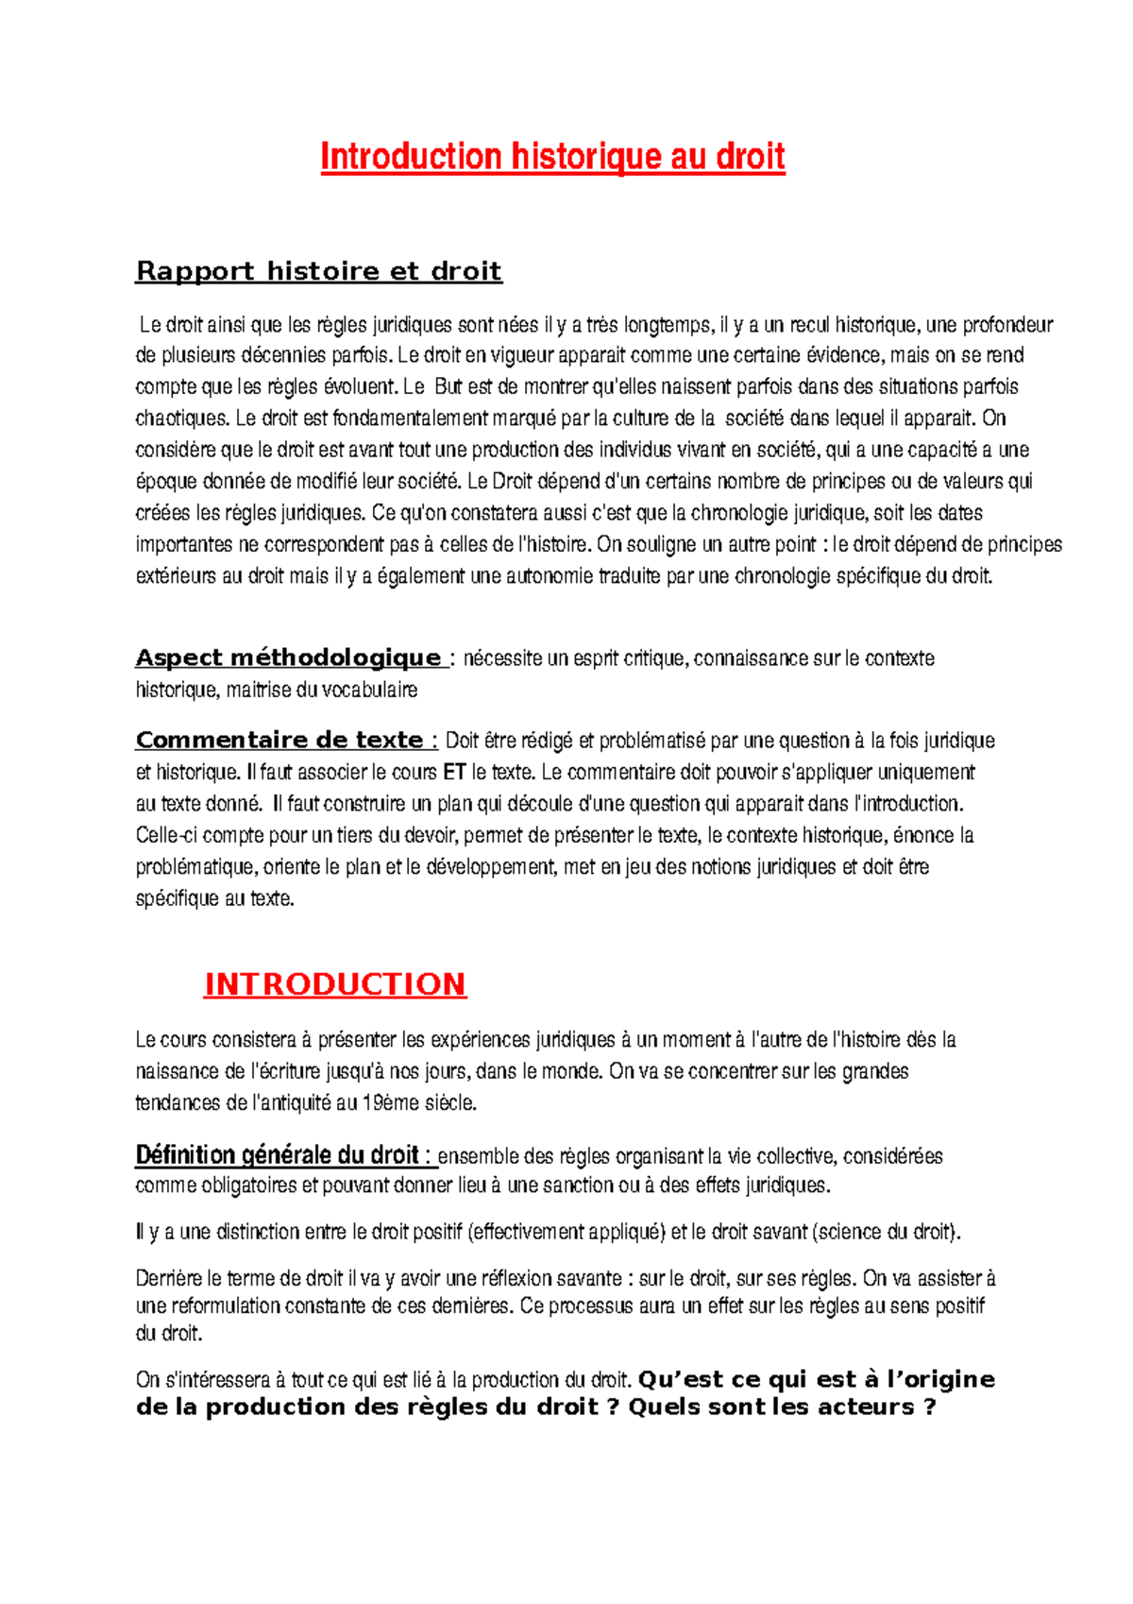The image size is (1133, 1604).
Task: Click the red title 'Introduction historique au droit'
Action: [x=552, y=157]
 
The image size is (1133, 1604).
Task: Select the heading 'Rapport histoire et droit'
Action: [x=318, y=271]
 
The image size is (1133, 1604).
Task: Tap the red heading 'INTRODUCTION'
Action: [x=335, y=984]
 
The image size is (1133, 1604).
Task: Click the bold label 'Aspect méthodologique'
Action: [x=288, y=657]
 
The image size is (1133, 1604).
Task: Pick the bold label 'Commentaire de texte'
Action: [x=279, y=740]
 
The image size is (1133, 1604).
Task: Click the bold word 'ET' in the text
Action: [x=454, y=773]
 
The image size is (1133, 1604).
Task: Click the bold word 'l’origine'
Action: [x=939, y=1380]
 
